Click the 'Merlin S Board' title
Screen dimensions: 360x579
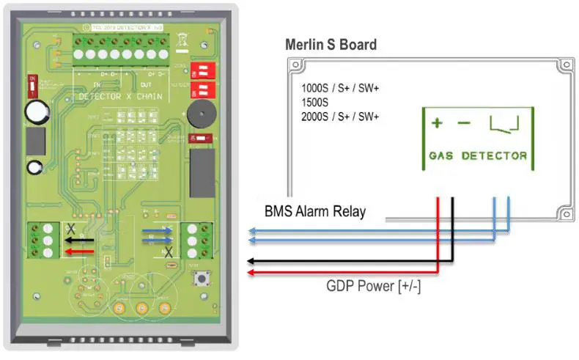pos(331,45)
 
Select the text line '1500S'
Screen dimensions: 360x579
pos(316,102)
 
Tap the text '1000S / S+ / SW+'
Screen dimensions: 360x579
pos(340,88)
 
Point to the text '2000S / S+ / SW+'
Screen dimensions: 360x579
pos(340,116)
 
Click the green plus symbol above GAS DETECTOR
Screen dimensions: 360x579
pos(437,123)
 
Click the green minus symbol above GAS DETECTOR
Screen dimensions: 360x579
pos(463,123)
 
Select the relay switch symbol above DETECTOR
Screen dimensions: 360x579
pos(504,124)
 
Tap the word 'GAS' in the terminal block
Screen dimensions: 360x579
pos(442,155)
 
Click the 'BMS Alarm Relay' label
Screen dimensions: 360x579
pos(314,213)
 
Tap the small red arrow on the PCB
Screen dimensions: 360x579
pos(72,251)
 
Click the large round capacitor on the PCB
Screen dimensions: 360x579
pos(36,112)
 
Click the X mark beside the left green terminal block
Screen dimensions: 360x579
pos(70,229)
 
